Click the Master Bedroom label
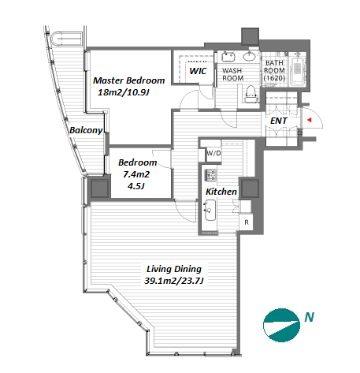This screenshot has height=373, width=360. pyautogui.click(x=129, y=80)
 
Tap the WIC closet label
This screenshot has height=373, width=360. pyautogui.click(x=198, y=71)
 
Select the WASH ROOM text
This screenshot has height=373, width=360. pyautogui.click(x=232, y=74)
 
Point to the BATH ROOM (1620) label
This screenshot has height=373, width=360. pyautogui.click(x=274, y=70)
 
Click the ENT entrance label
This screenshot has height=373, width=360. pyautogui.click(x=279, y=121)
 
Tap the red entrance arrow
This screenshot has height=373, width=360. pyautogui.click(x=310, y=120)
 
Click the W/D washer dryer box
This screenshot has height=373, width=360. pyautogui.click(x=213, y=153)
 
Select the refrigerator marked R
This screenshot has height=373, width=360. pyautogui.click(x=247, y=222)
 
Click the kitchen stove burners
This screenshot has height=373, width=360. pyautogui.click(x=210, y=175)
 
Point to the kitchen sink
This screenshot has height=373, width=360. pyautogui.click(x=210, y=211)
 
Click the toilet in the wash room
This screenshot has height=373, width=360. pyautogui.click(x=250, y=94)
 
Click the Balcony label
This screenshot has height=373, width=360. pyautogui.click(x=86, y=130)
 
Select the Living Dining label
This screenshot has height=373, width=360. pyautogui.click(x=174, y=269)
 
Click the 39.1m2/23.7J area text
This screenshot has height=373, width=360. pyautogui.click(x=174, y=281)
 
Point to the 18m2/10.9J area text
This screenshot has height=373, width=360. pyautogui.click(x=124, y=92)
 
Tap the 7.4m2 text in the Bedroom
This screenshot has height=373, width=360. pyautogui.click(x=136, y=174)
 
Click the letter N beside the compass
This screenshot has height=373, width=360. pyautogui.click(x=310, y=317)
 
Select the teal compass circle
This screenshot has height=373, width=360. pyautogui.click(x=281, y=325)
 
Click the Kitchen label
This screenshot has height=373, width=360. pyautogui.click(x=221, y=192)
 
